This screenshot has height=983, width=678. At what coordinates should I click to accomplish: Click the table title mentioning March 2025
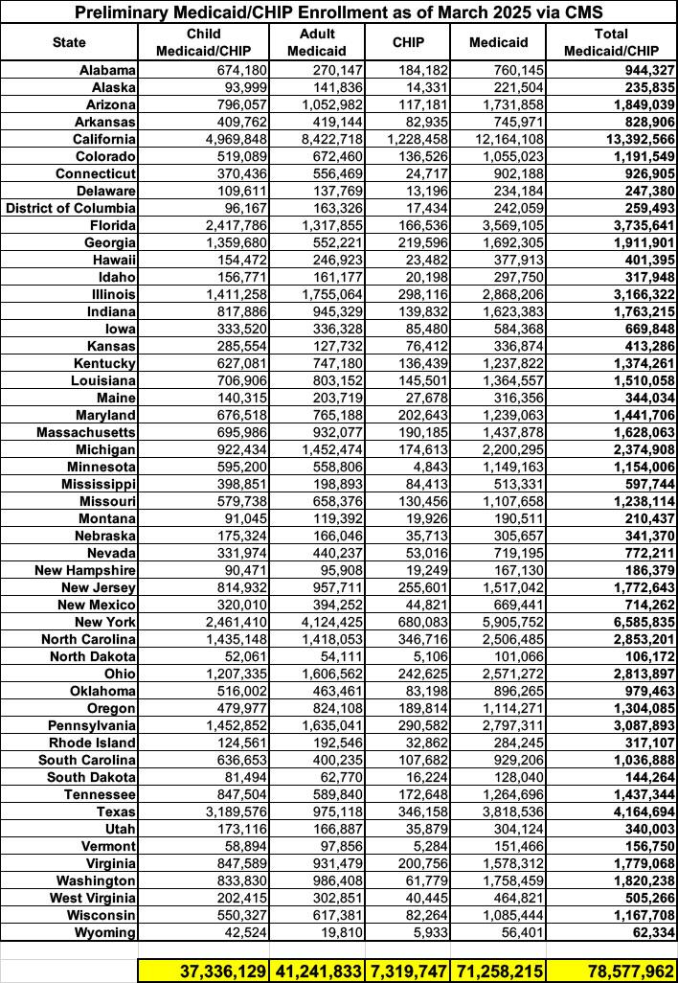(338, 12)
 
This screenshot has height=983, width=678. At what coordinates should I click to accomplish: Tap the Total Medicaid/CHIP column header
(612, 42)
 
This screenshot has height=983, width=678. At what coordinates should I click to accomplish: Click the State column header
(69, 42)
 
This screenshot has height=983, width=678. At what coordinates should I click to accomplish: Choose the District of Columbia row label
(72, 208)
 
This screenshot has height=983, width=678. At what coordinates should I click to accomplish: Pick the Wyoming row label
(107, 932)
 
